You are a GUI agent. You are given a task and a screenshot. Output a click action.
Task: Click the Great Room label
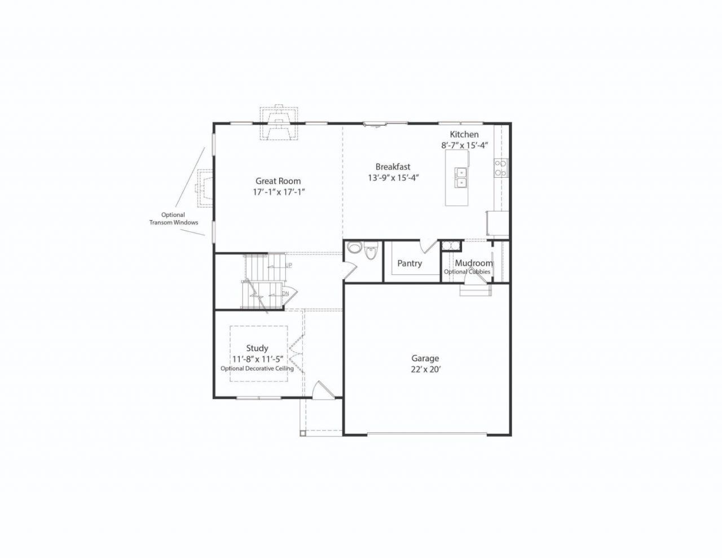[278, 181]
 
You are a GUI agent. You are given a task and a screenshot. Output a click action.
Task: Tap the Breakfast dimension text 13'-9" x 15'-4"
[393, 178]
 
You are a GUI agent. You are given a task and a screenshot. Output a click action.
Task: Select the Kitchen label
[464, 134]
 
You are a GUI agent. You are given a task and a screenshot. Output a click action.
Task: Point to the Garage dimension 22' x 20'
[426, 369]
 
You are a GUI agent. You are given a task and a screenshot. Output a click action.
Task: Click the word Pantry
[410, 263]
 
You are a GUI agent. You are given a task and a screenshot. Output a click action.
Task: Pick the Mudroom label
[474, 263]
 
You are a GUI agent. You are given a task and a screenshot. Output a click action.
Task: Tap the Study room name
[257, 348]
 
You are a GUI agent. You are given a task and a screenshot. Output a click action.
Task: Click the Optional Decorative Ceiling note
[257, 368]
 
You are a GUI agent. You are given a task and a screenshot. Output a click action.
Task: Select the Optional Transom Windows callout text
[173, 219]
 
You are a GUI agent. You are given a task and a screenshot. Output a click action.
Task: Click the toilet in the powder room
[370, 251]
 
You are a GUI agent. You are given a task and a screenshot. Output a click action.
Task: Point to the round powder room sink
[355, 248]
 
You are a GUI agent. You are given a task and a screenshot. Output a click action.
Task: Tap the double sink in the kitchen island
[461, 178]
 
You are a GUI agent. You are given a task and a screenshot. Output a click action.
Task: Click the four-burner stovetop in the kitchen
[501, 168]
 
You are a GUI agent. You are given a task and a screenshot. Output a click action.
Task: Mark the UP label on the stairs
[288, 265]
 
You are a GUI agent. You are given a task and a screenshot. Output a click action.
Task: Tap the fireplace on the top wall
[279, 124]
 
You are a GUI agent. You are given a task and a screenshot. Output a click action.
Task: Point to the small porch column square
[302, 433]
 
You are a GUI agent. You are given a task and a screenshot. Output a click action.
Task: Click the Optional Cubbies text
[467, 271]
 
